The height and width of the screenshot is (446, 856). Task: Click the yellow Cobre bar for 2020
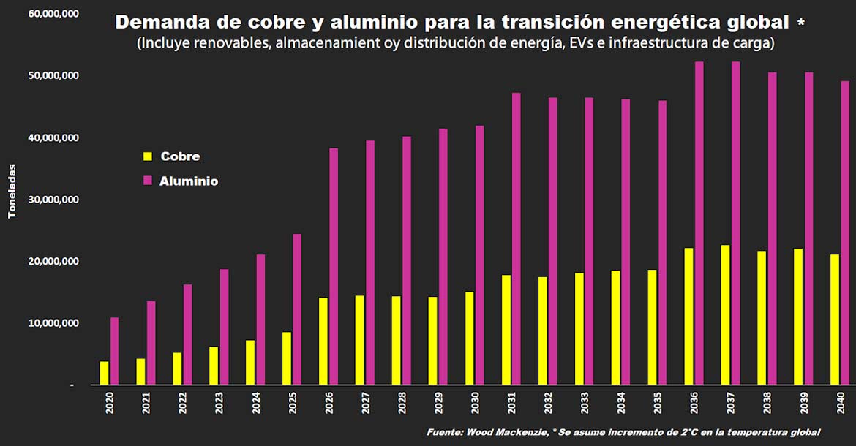[x=104, y=373]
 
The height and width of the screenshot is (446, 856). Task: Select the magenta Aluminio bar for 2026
[x=334, y=266]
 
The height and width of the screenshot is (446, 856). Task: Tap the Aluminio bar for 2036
[x=699, y=223]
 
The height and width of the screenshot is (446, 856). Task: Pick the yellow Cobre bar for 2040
[x=835, y=320]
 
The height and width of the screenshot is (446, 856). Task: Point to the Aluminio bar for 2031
[x=517, y=238]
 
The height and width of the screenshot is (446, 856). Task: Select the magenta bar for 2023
[x=224, y=327]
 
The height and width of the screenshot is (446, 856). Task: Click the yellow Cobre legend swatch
[x=147, y=156]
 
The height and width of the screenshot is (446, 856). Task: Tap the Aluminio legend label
[x=189, y=181]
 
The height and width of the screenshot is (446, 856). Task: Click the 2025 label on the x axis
[x=292, y=404]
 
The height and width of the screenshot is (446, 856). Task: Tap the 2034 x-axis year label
[x=621, y=404]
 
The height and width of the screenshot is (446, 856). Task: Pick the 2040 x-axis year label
[x=840, y=404]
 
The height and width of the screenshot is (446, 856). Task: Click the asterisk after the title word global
[x=801, y=23]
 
